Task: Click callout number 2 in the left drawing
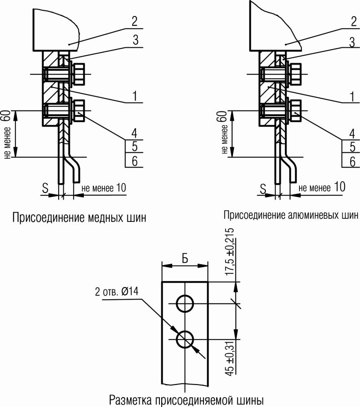[135, 21]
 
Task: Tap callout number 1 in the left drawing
[135, 96]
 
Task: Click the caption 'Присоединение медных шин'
[79, 218]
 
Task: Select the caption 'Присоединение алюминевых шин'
[287, 216]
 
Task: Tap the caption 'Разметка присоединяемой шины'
[187, 400]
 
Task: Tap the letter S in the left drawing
[45, 188]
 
